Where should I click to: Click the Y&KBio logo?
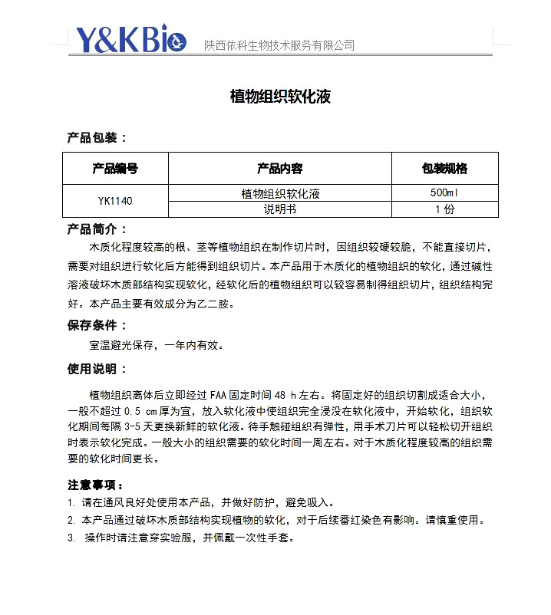tap(131, 40)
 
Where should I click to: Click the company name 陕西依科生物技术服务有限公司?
tap(279, 46)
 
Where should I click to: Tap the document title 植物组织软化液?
tap(280, 97)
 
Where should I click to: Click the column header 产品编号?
tap(115, 169)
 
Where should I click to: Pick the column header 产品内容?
tap(279, 169)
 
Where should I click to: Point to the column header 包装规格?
tap(444, 169)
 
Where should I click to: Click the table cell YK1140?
tap(115, 202)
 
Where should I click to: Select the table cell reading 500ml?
tap(444, 193)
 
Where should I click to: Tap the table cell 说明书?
tap(279, 209)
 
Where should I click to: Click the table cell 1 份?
tap(444, 209)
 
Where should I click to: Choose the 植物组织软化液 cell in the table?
tap(279, 193)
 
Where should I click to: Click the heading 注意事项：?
tap(95, 485)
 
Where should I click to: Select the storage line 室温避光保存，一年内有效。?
tap(157, 345)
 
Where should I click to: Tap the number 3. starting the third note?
tap(71, 538)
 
